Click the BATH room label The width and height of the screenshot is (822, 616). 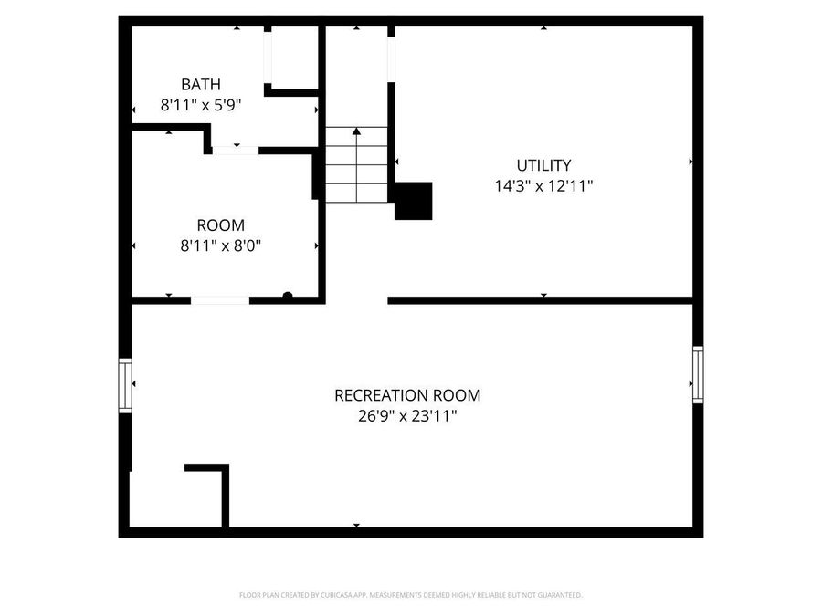[x=200, y=85]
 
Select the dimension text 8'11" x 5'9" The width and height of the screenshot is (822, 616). [x=200, y=105]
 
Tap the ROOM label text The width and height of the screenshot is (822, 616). [x=220, y=225]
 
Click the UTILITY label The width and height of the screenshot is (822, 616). [x=543, y=165]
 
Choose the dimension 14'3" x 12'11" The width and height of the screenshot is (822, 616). [x=543, y=185]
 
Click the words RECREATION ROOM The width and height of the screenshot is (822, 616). [x=407, y=395]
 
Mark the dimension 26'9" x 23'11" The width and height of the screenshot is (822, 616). [x=407, y=416]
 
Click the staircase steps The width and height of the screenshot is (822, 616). [x=356, y=173]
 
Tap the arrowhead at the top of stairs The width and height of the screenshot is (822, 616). [x=356, y=131]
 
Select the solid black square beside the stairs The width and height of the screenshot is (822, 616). [x=413, y=201]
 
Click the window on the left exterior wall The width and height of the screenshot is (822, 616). [x=125, y=385]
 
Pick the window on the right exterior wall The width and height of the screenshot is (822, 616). [x=698, y=374]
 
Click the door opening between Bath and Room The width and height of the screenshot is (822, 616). [x=236, y=150]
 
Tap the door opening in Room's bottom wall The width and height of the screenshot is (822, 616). [x=220, y=299]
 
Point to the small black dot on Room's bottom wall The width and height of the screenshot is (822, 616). [x=287, y=295]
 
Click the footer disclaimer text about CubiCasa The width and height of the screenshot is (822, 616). [x=410, y=595]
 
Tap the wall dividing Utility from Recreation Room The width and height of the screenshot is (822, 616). [x=539, y=299]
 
